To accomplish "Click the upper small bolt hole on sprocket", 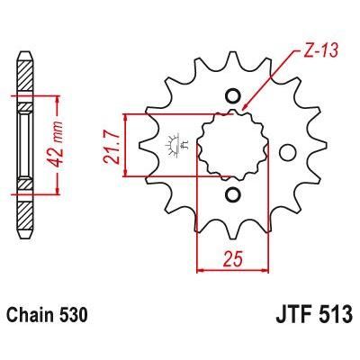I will (x=232, y=97).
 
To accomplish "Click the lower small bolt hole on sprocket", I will (x=232, y=194).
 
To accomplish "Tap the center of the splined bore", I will (x=232, y=146).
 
